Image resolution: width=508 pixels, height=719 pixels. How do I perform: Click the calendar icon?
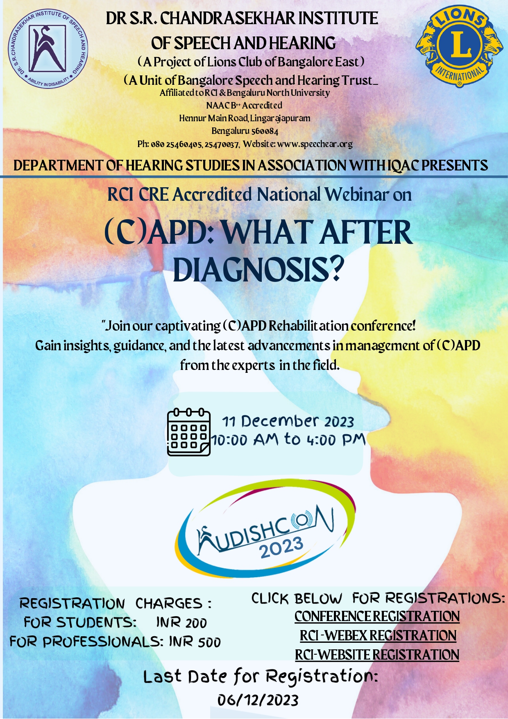(188, 432)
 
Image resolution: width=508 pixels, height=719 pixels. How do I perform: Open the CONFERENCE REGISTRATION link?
(377, 616)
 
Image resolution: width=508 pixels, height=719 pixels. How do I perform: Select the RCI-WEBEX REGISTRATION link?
(378, 635)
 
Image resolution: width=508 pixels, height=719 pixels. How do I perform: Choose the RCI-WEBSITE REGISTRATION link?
(377, 655)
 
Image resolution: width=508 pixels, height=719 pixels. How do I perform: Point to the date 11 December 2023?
(288, 421)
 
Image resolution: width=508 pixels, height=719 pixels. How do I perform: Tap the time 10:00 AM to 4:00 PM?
(288, 440)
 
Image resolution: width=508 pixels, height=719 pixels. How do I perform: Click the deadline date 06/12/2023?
(258, 700)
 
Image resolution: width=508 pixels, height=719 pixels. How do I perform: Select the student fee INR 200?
(181, 623)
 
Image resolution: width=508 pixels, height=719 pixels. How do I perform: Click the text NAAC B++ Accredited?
(244, 106)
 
